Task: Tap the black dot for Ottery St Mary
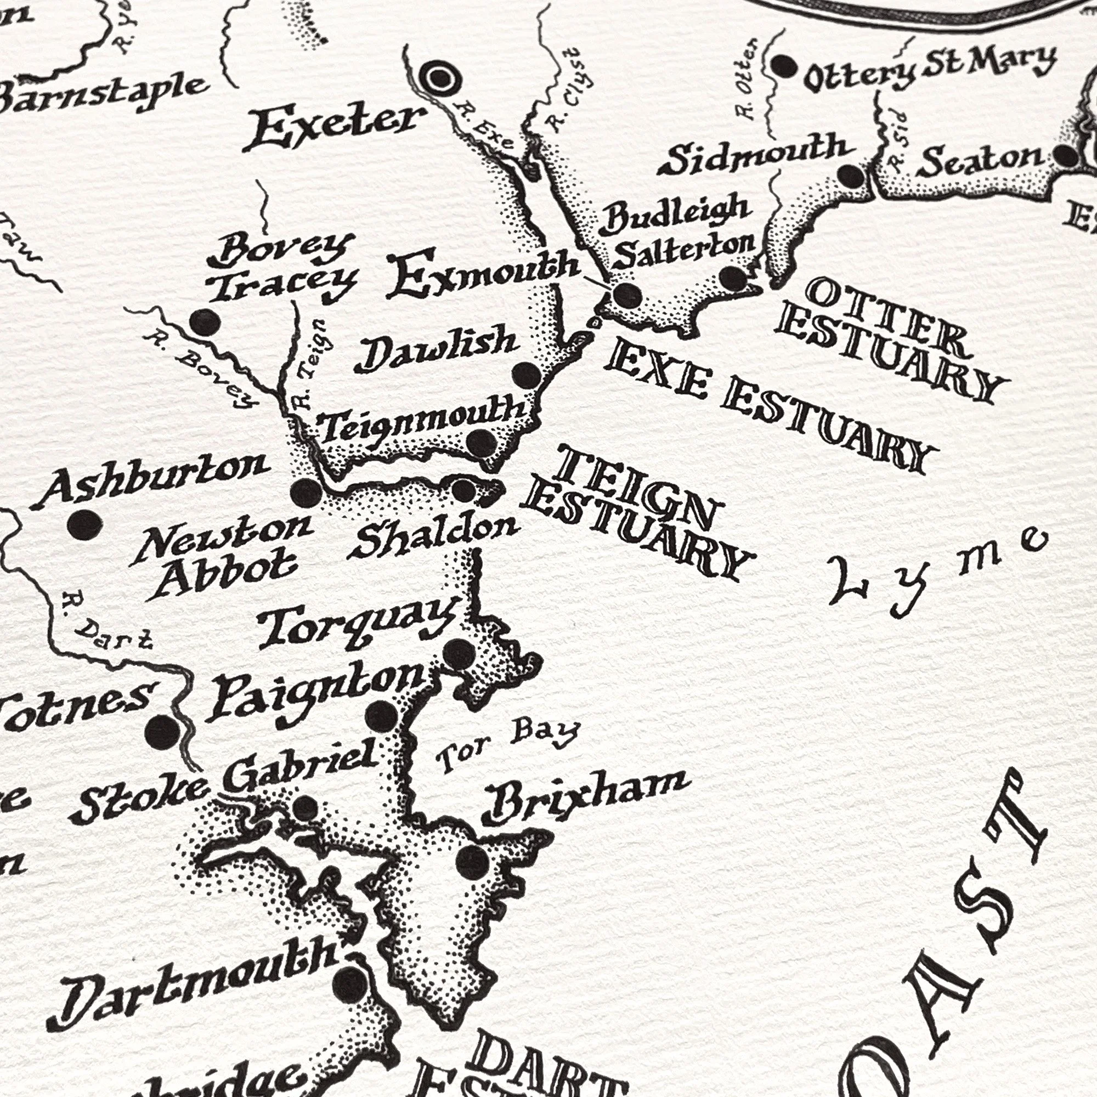785,66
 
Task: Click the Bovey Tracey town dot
205,322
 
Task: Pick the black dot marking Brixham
472,861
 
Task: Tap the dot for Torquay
459,655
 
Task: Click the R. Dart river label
108,622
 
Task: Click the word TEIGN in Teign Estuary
636,485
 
